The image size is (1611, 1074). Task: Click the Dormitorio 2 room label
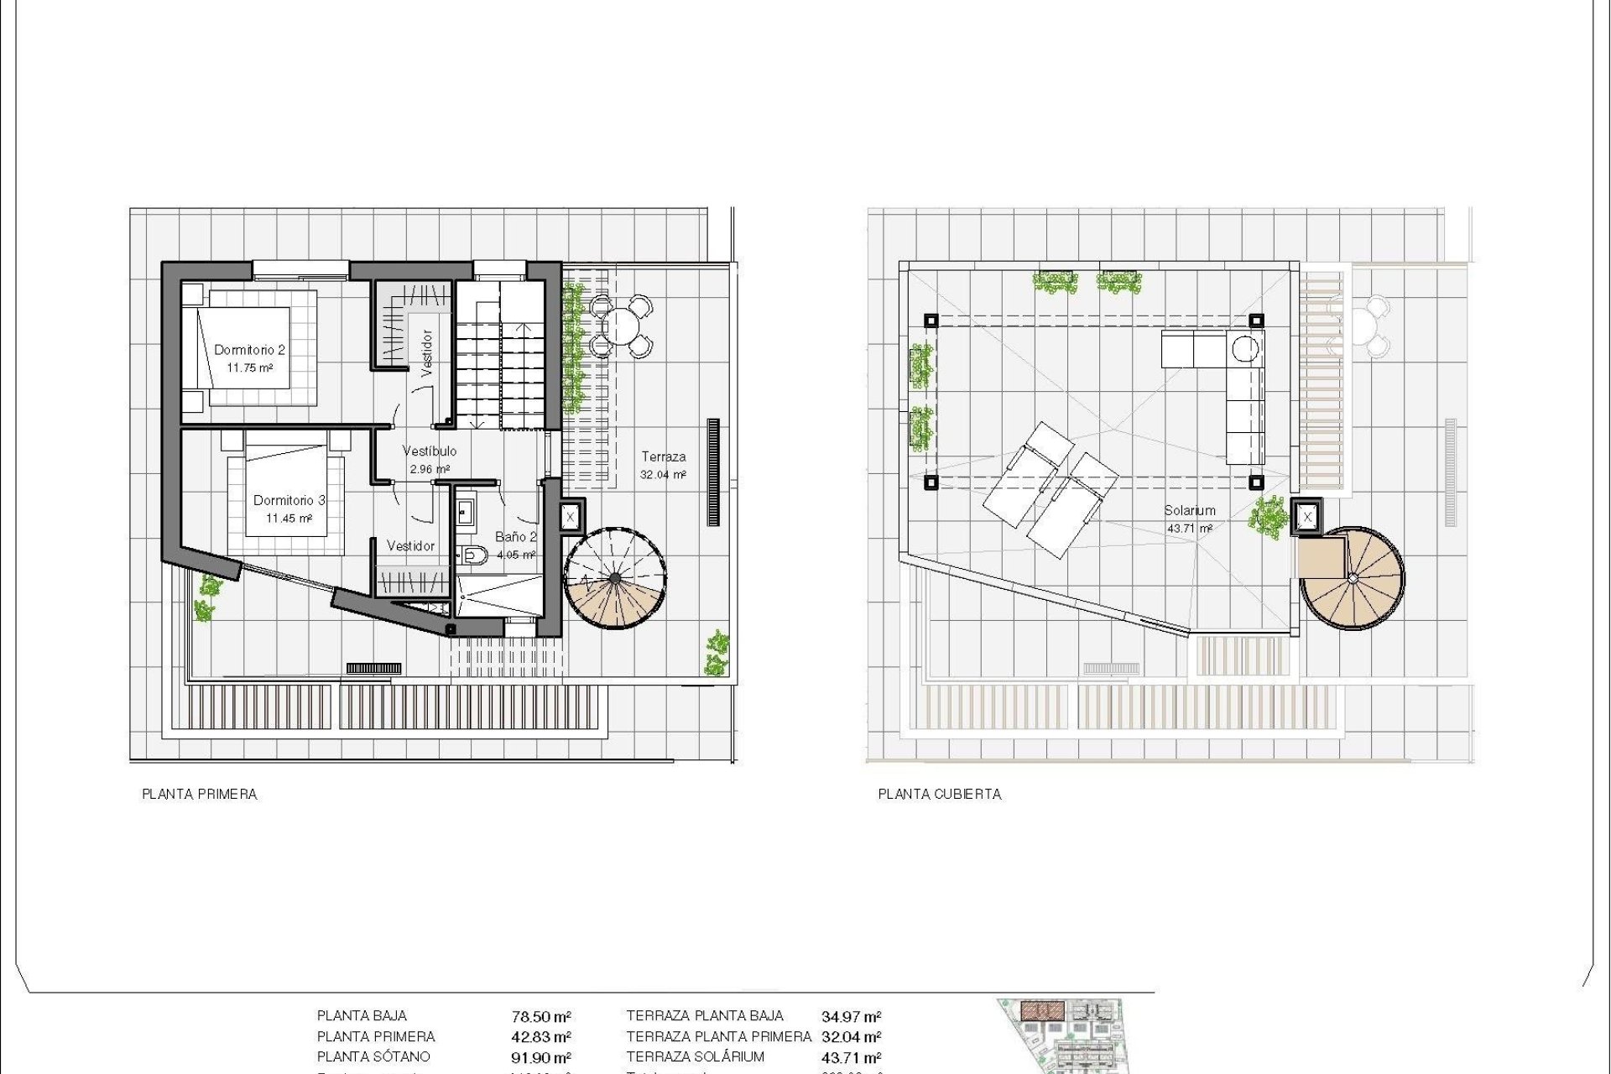(249, 350)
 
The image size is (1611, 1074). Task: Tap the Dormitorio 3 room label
(289, 500)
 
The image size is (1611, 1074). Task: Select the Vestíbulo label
(429, 451)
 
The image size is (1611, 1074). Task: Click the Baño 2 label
(515, 537)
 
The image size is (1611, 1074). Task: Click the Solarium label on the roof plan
(1189, 510)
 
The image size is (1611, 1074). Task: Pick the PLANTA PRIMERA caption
(199, 794)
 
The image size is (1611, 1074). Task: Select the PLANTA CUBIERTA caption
(939, 794)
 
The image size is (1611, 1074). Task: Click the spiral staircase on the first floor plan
(615, 579)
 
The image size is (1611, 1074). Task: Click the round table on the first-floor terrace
(621, 326)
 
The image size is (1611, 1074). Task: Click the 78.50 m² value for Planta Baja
(541, 1017)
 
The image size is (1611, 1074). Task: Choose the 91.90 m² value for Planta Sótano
(541, 1058)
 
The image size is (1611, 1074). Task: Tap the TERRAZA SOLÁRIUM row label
(695, 1057)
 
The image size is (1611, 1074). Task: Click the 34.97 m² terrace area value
(851, 1017)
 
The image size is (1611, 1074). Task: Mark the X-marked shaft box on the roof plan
(1306, 518)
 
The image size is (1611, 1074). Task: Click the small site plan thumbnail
(1062, 1035)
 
